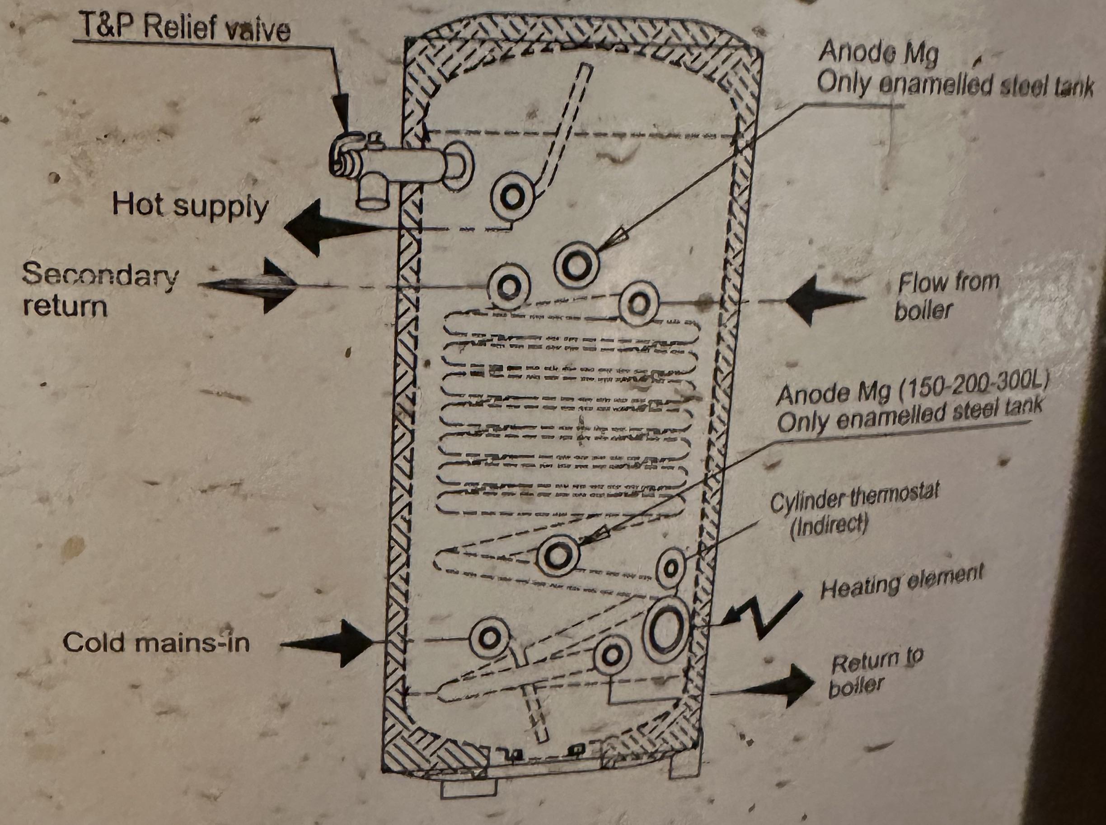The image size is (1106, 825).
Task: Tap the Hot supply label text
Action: pos(190,206)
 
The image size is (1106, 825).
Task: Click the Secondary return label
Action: pos(100,289)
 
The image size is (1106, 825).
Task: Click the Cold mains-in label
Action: pos(156,642)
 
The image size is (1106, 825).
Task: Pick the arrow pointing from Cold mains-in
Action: pos(327,644)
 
